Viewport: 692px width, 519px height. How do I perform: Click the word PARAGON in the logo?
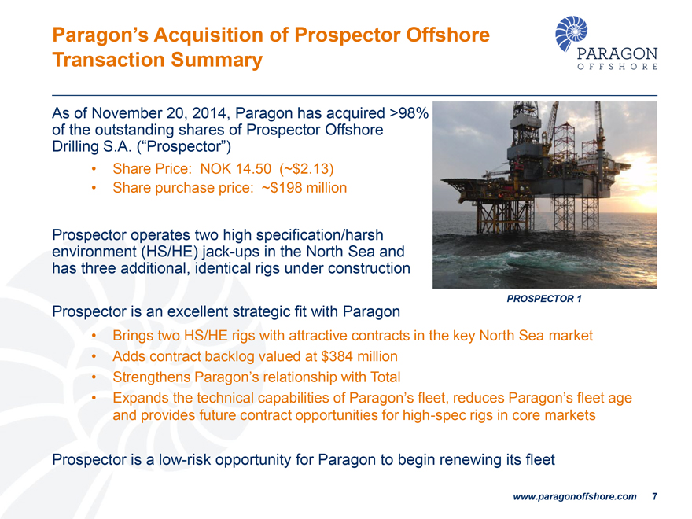(617, 54)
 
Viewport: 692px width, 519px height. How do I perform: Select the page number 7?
(654, 497)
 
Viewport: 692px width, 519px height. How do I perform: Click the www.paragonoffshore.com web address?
(574, 497)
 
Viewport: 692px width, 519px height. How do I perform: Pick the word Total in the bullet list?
(384, 377)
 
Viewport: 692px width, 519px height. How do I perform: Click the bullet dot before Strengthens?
(94, 377)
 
